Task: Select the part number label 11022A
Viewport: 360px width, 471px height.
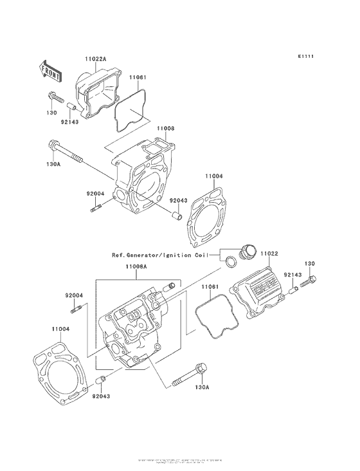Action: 95,59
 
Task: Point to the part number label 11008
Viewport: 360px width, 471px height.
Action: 165,128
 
